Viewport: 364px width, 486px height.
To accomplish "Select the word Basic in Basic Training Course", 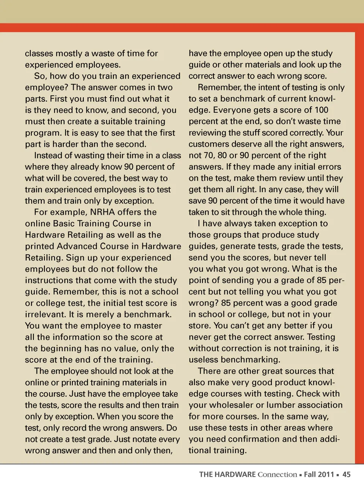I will [64, 223].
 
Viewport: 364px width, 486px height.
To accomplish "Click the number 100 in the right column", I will [321, 110].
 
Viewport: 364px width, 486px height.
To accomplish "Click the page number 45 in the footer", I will [347, 474].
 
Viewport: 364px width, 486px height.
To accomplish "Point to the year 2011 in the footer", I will [326, 474].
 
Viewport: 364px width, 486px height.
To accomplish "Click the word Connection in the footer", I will [277, 474].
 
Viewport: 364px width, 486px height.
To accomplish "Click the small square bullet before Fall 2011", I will [300, 475].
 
